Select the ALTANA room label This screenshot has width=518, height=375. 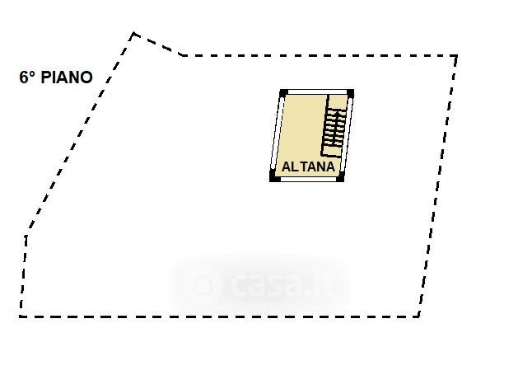click(309, 166)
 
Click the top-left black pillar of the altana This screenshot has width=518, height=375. click(283, 93)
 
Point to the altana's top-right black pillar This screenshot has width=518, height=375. click(351, 93)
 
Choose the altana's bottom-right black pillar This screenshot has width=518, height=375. click(340, 176)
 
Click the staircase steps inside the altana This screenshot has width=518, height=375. click(334, 128)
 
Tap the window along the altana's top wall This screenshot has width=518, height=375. click(317, 91)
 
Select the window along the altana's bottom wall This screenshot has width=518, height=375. click(307, 179)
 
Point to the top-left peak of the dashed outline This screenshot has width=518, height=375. click(133, 34)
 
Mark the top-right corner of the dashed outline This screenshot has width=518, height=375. click(456, 56)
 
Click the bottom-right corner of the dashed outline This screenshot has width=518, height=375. click(418, 316)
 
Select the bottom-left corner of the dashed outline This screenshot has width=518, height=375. click(21, 316)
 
